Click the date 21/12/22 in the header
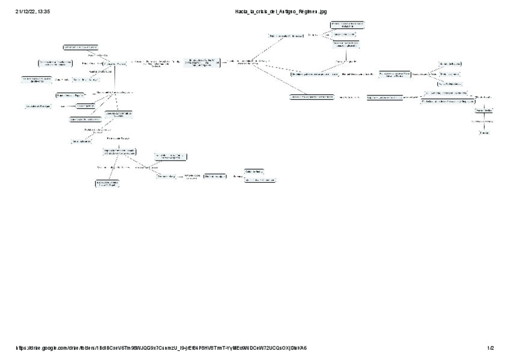[x=25, y=11]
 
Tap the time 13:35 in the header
[x=43, y=11]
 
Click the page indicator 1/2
[x=491, y=348]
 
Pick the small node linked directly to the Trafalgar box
[x=85, y=105]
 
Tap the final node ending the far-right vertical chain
[x=484, y=132]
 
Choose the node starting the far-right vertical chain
[x=484, y=111]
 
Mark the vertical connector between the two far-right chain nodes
[x=484, y=121]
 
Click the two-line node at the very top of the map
[x=347, y=24]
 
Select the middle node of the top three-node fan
[x=345, y=34]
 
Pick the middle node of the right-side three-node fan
[x=450, y=73]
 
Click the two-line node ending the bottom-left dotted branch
[x=106, y=183]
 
